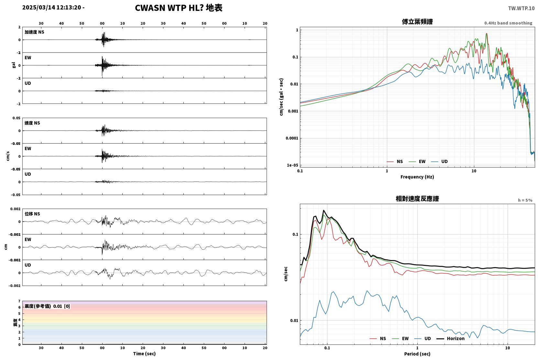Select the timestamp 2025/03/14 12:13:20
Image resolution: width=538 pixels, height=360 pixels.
(x=52, y=7)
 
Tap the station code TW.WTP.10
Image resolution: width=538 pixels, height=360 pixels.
(x=521, y=8)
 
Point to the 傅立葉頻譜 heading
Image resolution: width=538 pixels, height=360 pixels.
(x=417, y=22)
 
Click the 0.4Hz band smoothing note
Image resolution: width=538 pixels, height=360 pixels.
(x=508, y=23)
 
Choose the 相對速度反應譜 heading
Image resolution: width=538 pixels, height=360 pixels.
(x=417, y=199)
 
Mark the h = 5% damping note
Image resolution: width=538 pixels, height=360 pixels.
(x=525, y=200)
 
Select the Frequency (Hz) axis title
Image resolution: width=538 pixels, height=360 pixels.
(x=417, y=177)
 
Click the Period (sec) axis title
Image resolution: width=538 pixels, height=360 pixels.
(x=417, y=354)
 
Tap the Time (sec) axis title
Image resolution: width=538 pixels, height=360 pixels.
(x=144, y=354)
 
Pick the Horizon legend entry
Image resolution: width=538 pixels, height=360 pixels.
(x=450, y=338)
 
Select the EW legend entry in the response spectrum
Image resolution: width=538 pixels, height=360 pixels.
(x=400, y=338)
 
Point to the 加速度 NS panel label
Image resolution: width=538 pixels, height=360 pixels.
(x=34, y=32)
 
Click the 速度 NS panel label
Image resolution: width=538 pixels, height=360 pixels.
(x=32, y=123)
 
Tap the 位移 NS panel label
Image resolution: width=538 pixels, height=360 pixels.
(x=32, y=214)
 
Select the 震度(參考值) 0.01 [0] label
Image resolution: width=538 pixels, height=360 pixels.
(x=47, y=306)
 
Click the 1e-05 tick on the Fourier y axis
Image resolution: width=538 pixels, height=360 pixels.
(x=292, y=165)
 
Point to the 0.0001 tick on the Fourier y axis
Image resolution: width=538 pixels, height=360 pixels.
(x=292, y=138)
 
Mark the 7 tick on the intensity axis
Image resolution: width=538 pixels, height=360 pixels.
(x=19, y=301)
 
